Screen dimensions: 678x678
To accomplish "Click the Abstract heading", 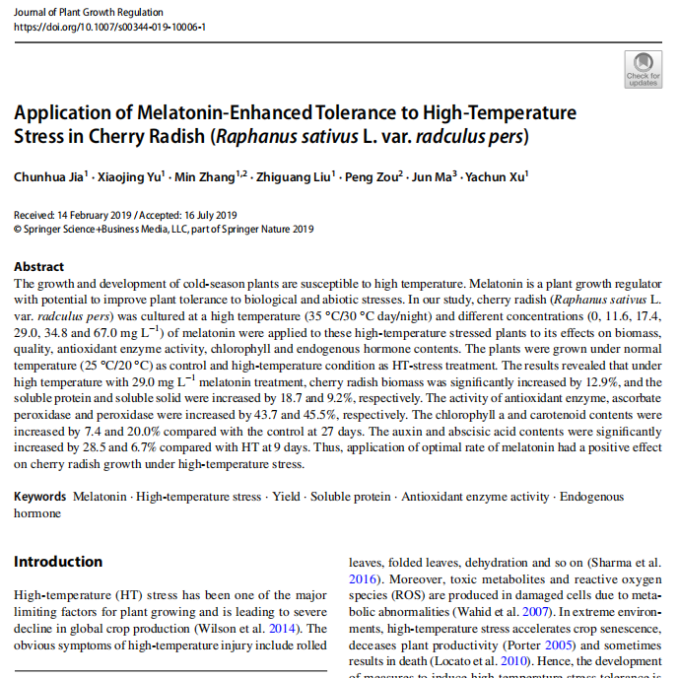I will pyautogui.click(x=39, y=267).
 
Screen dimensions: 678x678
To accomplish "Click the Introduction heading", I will pyautogui.click(x=58, y=562).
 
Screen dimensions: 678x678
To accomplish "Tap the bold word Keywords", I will pyautogui.click(x=40, y=498).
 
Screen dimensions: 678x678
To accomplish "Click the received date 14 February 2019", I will pyautogui.click(x=92, y=216).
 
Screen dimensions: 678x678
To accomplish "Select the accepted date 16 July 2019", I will pyautogui.click(x=208, y=216).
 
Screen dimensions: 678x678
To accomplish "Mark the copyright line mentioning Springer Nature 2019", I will pyautogui.click(x=164, y=230).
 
